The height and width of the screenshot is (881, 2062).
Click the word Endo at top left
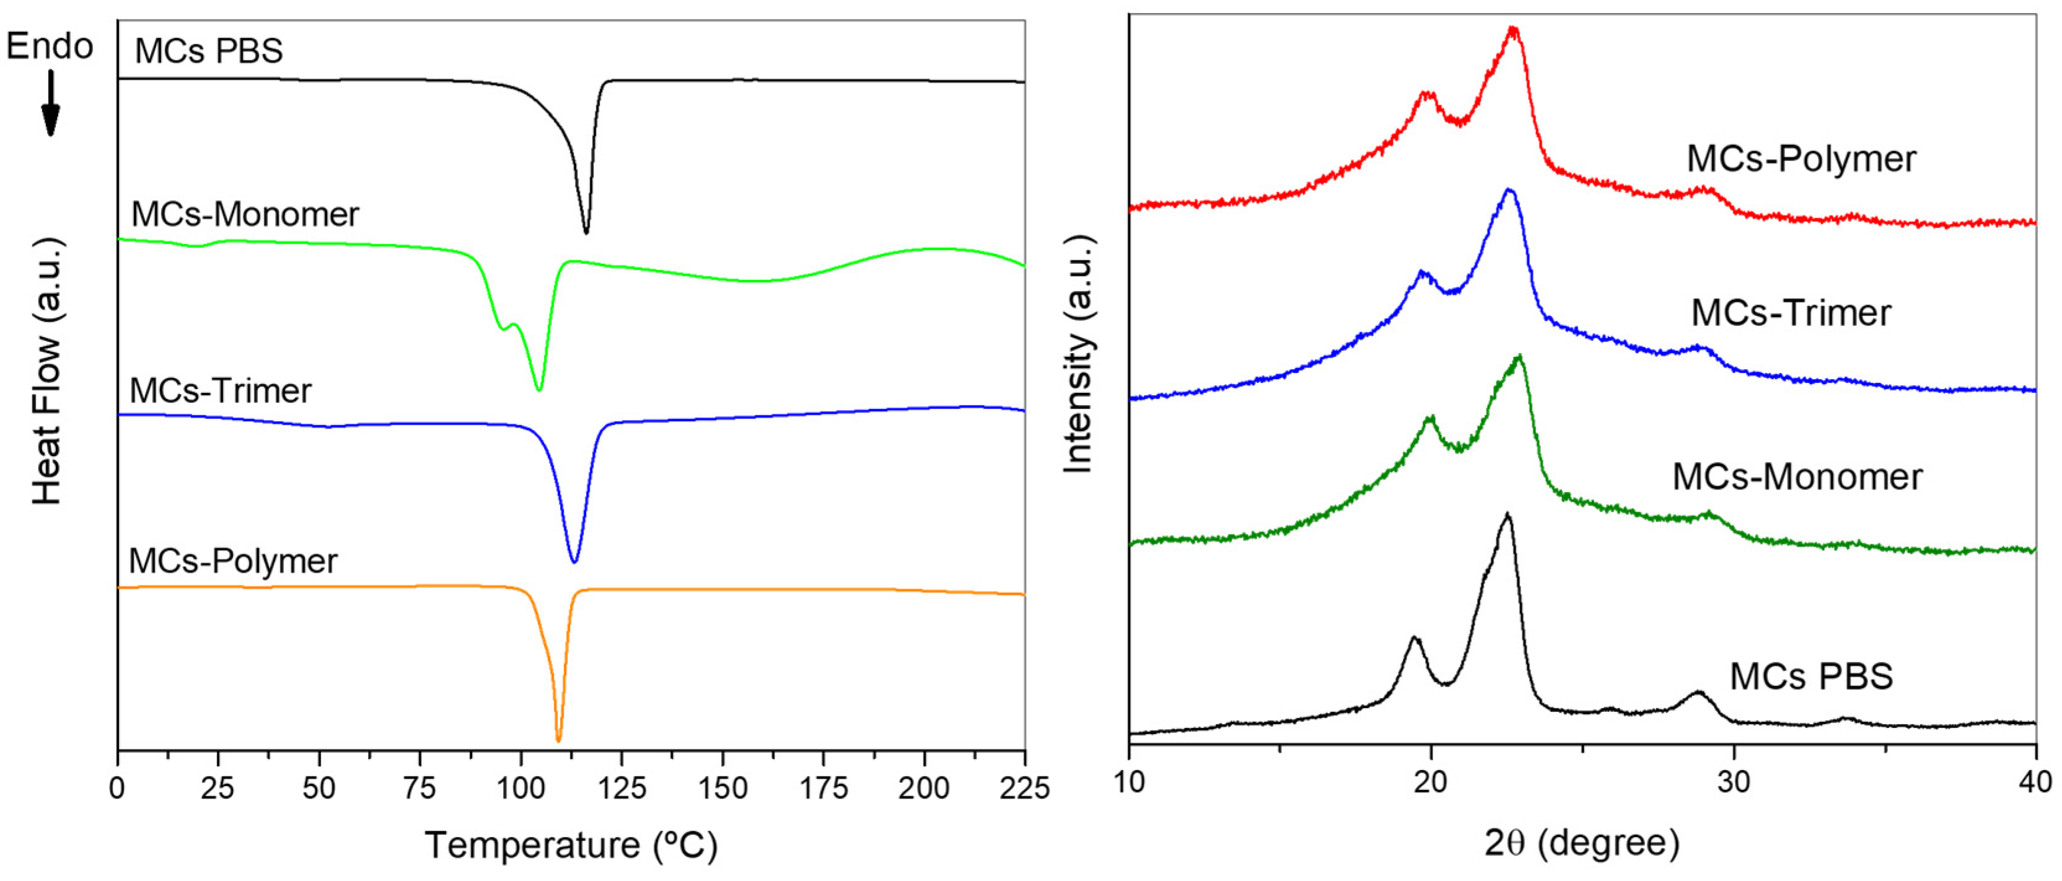point(50,46)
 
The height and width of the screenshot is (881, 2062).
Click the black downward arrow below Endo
point(50,103)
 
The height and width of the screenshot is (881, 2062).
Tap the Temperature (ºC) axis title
point(571,845)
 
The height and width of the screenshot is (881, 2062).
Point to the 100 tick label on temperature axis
point(521,789)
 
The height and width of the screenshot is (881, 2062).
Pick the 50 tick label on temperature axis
point(318,789)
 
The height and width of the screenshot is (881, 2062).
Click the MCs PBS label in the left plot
point(209,51)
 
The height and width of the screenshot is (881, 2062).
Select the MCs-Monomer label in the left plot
point(245,214)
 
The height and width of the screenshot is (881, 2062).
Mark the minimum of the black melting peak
point(586,233)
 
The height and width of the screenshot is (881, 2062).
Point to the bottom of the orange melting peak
point(558,740)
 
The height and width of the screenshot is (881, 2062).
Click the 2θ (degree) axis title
point(1582,843)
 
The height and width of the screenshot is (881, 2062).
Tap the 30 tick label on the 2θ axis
point(1734,782)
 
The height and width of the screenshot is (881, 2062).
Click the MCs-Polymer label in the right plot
point(1801,159)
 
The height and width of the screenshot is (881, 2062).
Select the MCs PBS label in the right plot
point(1812,677)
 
